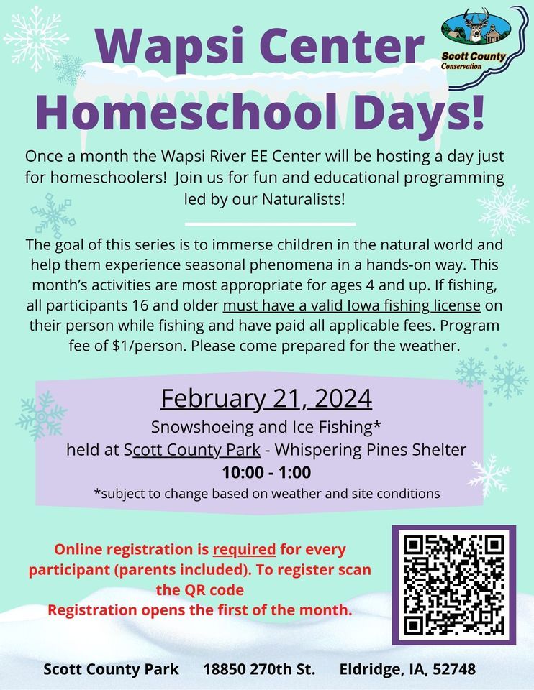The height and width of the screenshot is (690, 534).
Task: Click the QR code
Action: point(453,585)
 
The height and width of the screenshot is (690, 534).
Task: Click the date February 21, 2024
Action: point(266,397)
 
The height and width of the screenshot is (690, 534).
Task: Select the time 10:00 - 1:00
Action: point(266,473)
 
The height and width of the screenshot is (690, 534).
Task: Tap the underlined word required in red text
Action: point(245,550)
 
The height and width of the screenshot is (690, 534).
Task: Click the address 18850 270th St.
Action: point(259,669)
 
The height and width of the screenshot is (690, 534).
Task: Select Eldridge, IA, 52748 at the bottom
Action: point(407,669)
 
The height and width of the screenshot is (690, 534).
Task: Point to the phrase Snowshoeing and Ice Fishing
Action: point(263,427)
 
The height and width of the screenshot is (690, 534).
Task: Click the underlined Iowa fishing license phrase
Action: point(352,305)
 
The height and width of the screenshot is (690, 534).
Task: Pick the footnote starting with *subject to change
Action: point(266,494)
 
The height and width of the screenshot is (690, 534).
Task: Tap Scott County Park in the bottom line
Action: point(111,669)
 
